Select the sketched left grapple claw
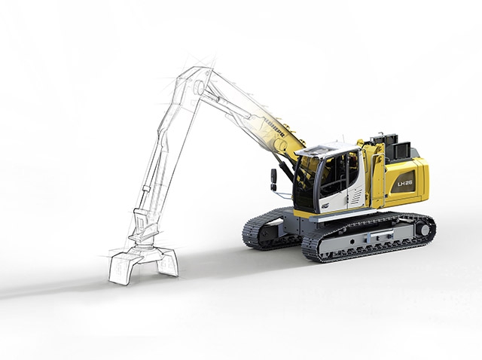(120, 267)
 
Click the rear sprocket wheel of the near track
(424, 228)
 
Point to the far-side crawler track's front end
(252, 233)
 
